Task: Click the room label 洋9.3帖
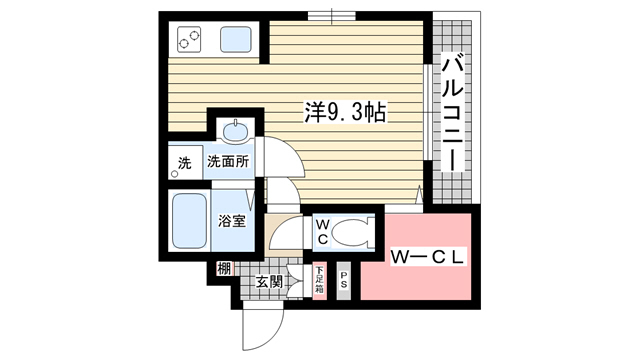[345, 112]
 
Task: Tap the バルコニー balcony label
[453, 114]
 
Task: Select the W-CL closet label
[427, 257]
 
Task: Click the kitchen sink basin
[236, 39]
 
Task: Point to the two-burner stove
[189, 39]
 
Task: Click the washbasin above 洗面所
[236, 131]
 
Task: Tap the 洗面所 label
[228, 162]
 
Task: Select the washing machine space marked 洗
[186, 162]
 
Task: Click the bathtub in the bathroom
[189, 220]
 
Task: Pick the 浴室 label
[231, 221]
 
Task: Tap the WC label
[323, 232]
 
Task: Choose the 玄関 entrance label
[269, 282]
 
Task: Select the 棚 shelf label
[224, 269]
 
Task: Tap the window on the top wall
[331, 16]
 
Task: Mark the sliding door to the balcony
[427, 112]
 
